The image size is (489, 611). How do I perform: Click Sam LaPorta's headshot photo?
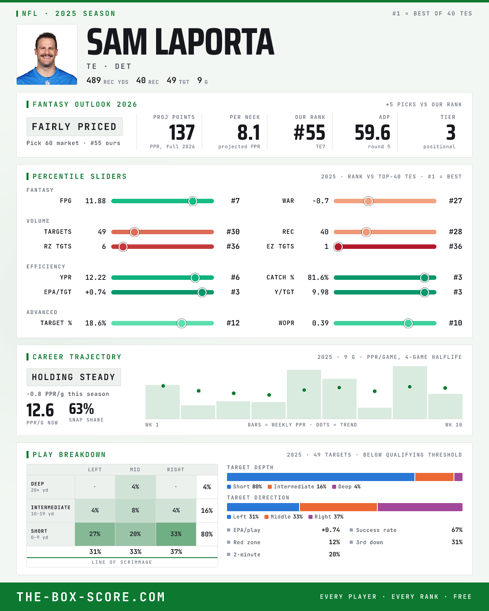coord(47,55)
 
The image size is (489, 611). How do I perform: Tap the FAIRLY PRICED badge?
coord(75,127)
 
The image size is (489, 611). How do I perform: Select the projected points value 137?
coord(182,133)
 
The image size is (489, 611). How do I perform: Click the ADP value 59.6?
coord(372,133)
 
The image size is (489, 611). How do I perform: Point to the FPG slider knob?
coord(193,201)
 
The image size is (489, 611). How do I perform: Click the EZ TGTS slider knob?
coord(338,247)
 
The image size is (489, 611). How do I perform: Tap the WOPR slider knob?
coord(408,323)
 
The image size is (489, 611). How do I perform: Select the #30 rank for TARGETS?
coord(233,232)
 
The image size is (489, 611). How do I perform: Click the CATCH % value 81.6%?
coord(318,277)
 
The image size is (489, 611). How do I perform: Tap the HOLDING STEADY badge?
coord(74,377)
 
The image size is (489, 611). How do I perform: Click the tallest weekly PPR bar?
coord(410,392)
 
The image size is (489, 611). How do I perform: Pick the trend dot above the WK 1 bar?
coord(163,386)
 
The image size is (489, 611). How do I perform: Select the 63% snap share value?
coord(81,409)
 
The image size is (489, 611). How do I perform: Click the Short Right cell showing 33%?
coord(176,534)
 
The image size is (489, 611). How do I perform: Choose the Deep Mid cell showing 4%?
coord(135,487)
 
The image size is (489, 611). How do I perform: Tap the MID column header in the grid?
coord(135,470)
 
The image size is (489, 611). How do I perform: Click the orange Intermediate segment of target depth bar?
coord(434,477)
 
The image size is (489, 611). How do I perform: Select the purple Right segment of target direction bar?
coord(420,507)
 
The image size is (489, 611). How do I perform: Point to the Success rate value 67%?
coord(457,530)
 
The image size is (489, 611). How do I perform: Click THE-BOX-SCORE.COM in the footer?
coord(91,597)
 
